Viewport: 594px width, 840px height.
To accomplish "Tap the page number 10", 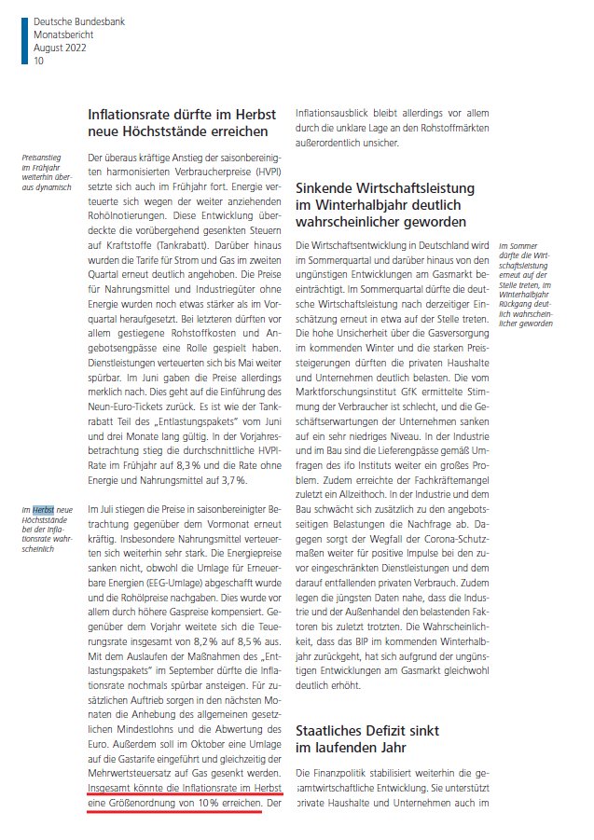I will tap(38, 61).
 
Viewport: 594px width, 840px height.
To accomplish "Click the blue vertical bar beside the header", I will tap(24, 40).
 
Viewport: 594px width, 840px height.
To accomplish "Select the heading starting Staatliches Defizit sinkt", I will tap(367, 730).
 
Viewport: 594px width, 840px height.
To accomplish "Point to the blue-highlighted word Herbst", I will tap(42, 510).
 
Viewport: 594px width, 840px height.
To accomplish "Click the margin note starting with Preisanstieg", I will tap(46, 172).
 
